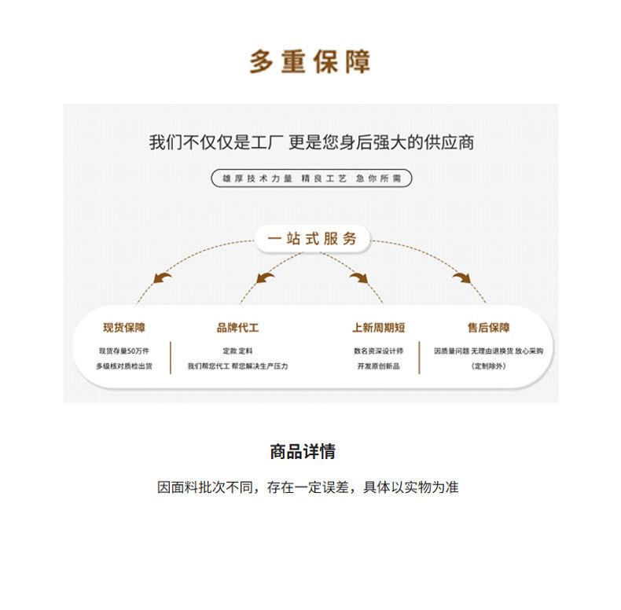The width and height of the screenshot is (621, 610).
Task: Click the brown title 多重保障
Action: pos(310,61)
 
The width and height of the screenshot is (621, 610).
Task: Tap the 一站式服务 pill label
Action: pos(312,238)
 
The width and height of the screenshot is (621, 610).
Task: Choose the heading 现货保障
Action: pos(123,327)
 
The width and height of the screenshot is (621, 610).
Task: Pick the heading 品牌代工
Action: pos(237,327)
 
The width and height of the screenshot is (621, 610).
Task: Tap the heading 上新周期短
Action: pos(378,327)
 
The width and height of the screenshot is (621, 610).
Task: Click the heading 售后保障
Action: pos(488,327)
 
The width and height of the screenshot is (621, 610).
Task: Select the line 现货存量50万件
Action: pos(123,351)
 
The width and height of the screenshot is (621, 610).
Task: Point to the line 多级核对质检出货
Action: pos(123,366)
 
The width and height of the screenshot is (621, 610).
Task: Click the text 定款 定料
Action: pos(237,351)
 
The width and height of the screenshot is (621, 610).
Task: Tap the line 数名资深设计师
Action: pos(378,351)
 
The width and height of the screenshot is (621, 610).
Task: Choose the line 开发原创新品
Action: pos(378,366)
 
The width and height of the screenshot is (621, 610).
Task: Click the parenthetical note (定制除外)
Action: pos(488,366)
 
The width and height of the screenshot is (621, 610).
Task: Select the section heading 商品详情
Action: pos(303,451)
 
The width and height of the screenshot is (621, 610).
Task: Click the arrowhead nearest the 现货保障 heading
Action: pos(163,277)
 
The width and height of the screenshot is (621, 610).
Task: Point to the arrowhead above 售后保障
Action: pos(461,277)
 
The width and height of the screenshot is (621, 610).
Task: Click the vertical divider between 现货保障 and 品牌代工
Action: pos(171,357)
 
